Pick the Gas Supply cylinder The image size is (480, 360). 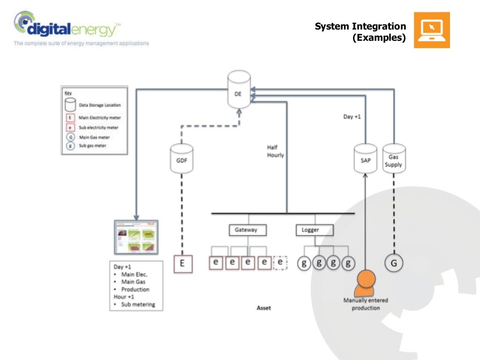click(x=394, y=159)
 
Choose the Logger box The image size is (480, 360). click(x=315, y=230)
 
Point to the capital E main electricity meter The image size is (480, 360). click(x=182, y=263)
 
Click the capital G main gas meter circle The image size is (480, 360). click(x=394, y=263)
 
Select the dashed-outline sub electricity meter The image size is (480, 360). click(x=280, y=262)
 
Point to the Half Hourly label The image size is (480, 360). click(x=275, y=151)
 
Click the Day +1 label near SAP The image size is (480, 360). click(x=352, y=116)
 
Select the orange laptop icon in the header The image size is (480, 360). click(x=432, y=30)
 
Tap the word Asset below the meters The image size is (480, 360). click(x=263, y=308)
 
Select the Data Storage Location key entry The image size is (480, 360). click(x=99, y=105)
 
